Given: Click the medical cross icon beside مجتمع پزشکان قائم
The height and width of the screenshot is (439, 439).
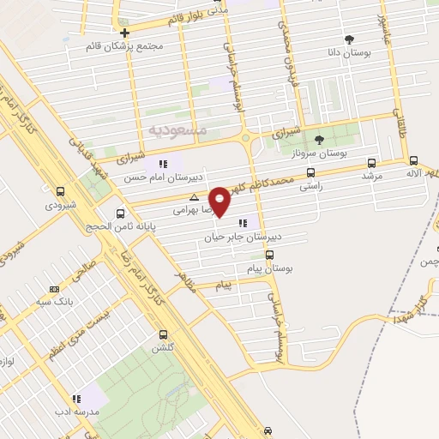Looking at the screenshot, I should pos(124,33).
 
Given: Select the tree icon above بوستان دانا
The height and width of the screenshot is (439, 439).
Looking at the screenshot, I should pos(349,39).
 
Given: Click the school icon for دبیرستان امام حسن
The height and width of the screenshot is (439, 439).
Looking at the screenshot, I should pos(162,163).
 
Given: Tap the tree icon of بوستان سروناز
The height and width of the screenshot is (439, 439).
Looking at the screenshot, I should pos(319,140).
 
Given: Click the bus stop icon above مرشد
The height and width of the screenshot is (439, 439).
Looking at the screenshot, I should pos(371,163).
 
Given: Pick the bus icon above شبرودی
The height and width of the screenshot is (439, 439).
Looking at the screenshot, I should pos(59,192).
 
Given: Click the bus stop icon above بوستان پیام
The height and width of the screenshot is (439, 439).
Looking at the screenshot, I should pos(269,255).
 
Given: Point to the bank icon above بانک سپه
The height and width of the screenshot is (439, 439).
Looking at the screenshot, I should pos(55,290).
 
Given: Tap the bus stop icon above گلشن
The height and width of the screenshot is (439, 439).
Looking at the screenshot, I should pos(163,335).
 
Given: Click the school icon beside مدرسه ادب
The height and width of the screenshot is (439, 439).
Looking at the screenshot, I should pos(76,398).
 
